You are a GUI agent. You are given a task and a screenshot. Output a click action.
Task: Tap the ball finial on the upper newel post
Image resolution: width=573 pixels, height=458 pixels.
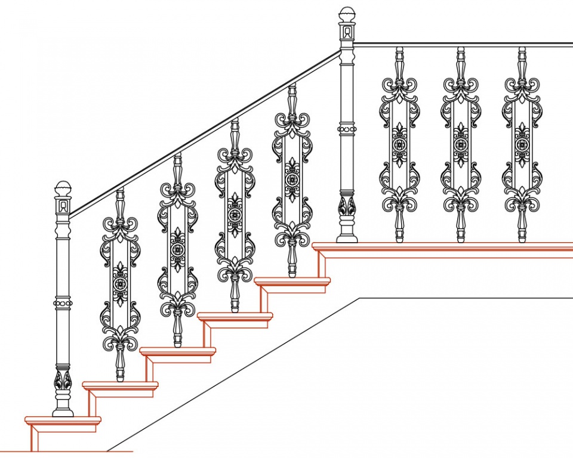point(347,14)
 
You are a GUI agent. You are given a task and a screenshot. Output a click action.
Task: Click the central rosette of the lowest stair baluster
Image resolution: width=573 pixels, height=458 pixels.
point(120,284)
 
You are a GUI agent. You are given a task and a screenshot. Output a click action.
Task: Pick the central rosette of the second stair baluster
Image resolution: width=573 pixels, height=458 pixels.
point(177,249)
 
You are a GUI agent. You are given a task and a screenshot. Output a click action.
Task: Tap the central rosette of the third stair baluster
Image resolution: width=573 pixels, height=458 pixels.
point(235,215)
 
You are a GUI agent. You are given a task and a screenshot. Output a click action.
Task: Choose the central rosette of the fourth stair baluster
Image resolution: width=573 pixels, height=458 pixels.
point(292,180)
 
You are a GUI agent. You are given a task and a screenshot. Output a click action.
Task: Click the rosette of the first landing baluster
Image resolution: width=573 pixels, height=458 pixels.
point(399,144)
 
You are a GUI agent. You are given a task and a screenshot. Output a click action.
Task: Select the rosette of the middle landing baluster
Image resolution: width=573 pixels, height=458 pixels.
point(461,144)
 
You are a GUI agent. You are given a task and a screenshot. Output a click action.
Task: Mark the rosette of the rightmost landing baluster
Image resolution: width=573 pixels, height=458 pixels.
point(522,144)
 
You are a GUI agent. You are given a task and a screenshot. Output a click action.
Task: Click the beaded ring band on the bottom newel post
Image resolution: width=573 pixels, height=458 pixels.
point(63,304)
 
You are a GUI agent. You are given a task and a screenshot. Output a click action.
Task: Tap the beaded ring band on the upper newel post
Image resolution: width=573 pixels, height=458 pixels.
point(347,129)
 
